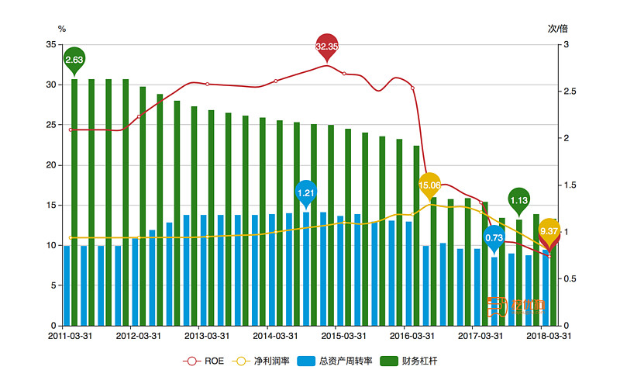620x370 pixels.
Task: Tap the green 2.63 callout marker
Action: pyautogui.click(x=74, y=60)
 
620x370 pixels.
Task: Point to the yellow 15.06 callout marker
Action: pyautogui.click(x=429, y=185)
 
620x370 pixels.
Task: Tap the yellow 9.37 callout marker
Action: pyautogui.click(x=549, y=231)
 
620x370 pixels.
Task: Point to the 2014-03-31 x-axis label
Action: pyautogui.click(x=275, y=337)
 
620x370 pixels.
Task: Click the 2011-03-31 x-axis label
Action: pyautogui.click(x=71, y=337)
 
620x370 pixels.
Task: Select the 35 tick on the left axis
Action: pyautogui.click(x=50, y=45)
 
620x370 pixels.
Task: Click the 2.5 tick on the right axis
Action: pyautogui.click(x=570, y=92)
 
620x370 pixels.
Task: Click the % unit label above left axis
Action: pyautogui.click(x=62, y=29)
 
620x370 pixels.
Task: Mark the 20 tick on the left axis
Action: pyautogui.click(x=50, y=165)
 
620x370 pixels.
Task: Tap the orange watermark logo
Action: pyautogui.click(x=516, y=305)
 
